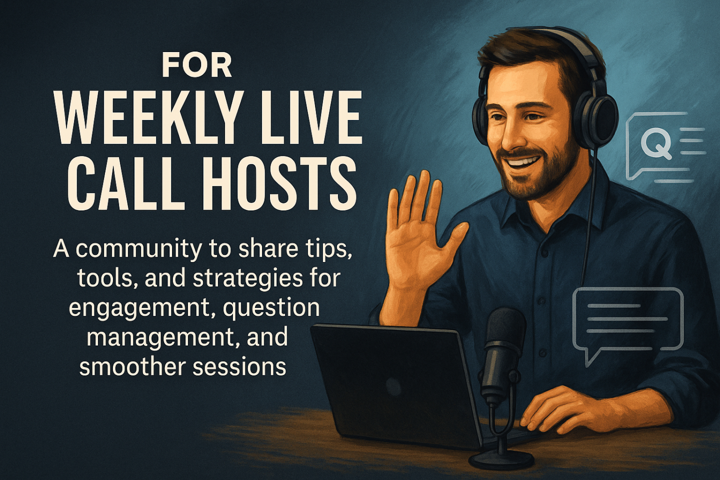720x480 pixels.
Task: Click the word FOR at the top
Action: [x=196, y=66]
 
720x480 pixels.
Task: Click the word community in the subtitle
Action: [x=137, y=250]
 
